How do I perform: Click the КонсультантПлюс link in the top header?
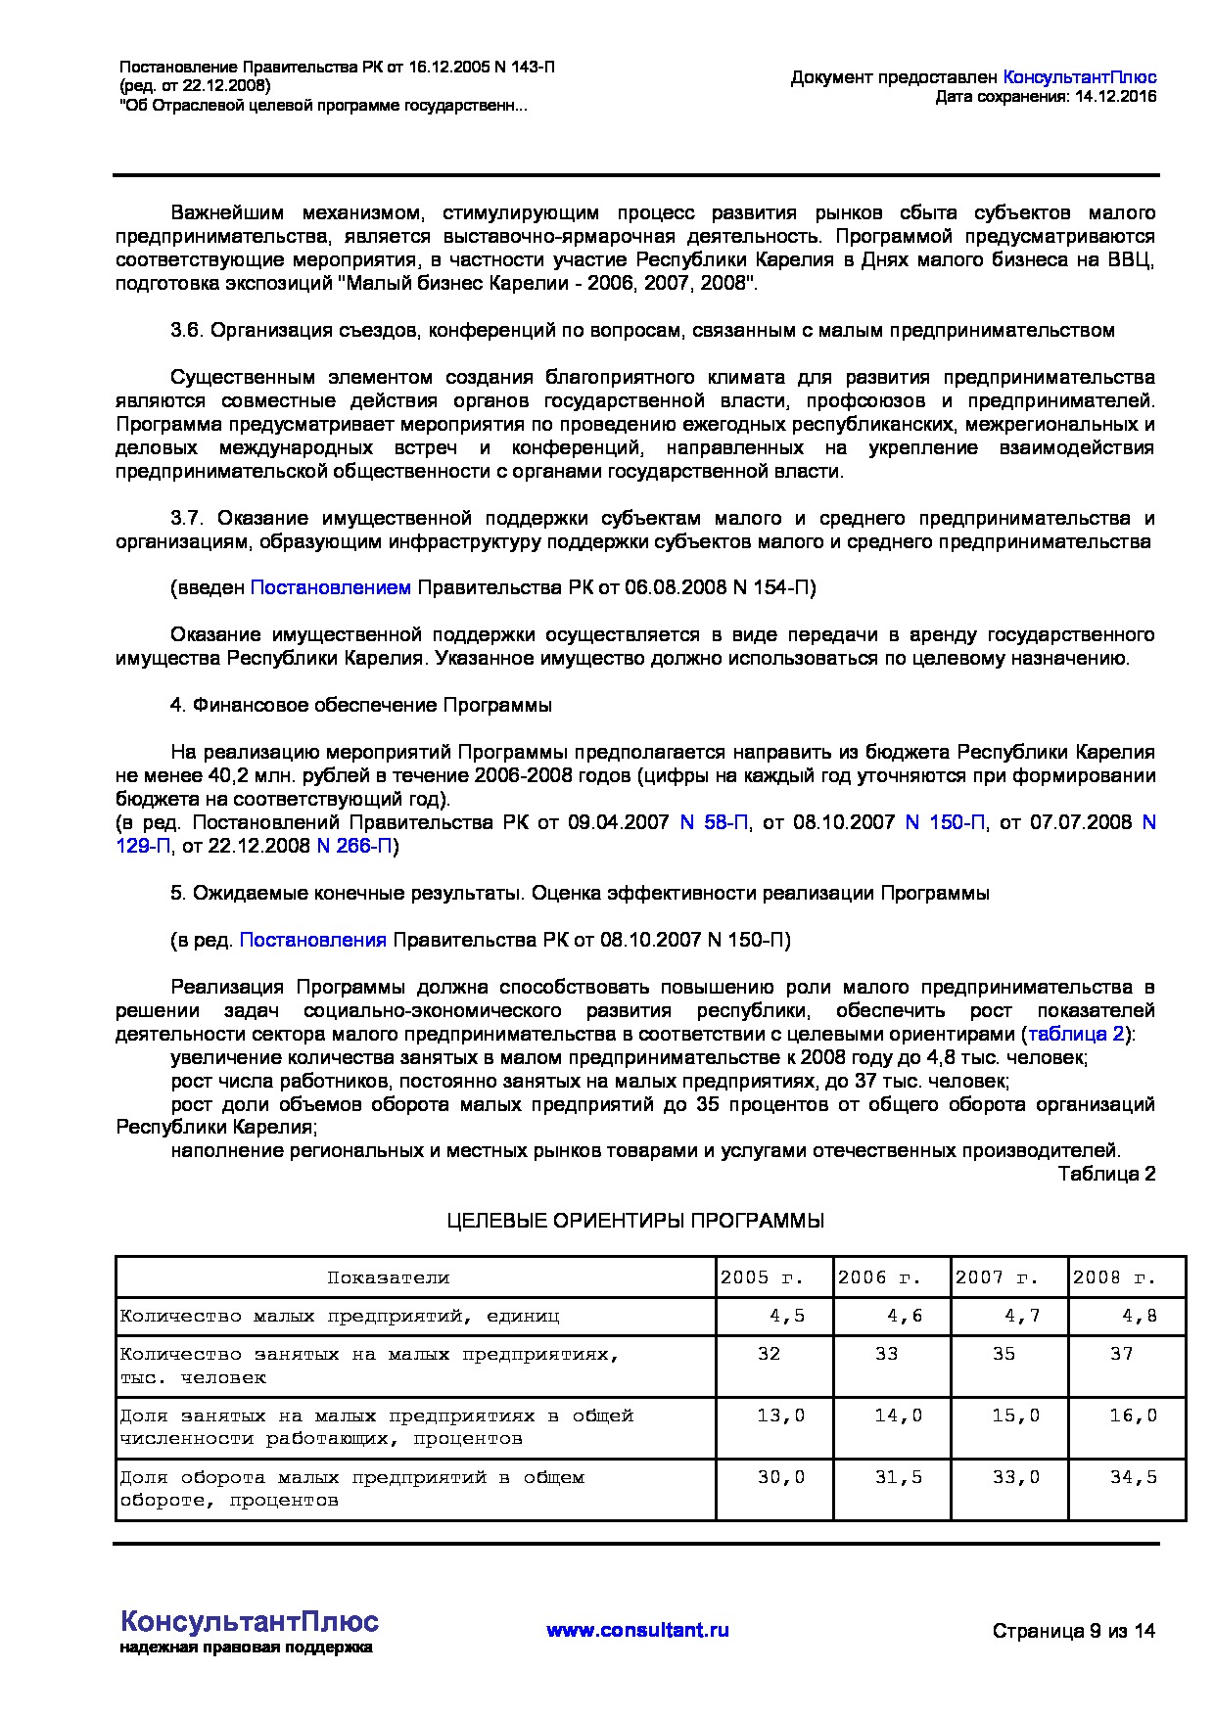1080,77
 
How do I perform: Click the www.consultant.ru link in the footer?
637,1630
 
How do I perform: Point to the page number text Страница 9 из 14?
1074,1631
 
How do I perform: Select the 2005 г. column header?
762,1277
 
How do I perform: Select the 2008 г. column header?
1114,1277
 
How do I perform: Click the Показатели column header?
388,1277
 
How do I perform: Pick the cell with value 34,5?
1133,1477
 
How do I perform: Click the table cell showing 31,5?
898,1477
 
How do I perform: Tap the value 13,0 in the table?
780,1415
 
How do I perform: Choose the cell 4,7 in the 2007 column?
1022,1316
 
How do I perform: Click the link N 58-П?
715,822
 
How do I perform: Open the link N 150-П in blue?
945,822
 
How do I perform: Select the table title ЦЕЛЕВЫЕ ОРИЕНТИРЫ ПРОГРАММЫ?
635,1221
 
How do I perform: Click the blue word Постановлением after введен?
331,587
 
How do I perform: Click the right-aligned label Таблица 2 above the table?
1106,1174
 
